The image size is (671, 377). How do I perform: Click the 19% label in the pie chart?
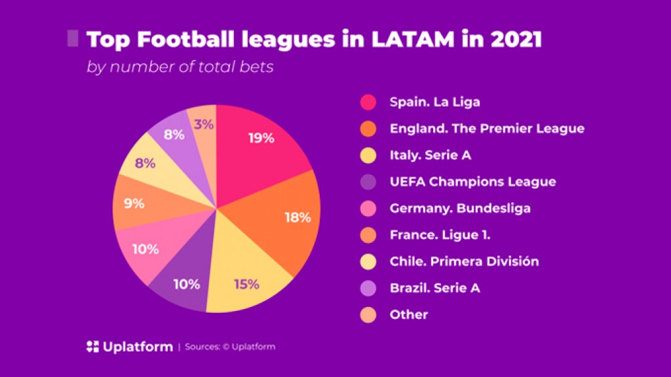tap(261, 138)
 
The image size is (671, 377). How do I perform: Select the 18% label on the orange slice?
tap(297, 217)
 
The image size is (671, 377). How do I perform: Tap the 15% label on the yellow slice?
tap(246, 284)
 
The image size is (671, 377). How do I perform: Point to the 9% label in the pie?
tap(134, 204)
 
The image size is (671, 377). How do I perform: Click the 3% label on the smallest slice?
tap(204, 124)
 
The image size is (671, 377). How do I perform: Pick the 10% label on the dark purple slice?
tap(187, 284)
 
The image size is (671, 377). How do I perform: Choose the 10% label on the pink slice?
tap(145, 249)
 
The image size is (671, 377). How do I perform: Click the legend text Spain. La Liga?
tap(434, 102)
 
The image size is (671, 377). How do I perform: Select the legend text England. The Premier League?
tap(486, 128)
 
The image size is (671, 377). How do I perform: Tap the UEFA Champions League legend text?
tap(472, 181)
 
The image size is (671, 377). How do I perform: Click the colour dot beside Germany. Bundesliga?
tap(368, 209)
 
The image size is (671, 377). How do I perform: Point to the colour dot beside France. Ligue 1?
tap(368, 235)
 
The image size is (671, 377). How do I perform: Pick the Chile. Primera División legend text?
tap(464, 261)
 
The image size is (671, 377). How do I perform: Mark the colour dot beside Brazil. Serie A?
tap(368, 288)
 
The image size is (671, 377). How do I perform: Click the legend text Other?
tap(408, 314)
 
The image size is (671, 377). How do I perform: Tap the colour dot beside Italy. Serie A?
tap(368, 155)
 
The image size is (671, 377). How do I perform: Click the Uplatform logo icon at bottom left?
tap(92, 347)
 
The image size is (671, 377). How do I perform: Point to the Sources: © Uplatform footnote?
tap(230, 347)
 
